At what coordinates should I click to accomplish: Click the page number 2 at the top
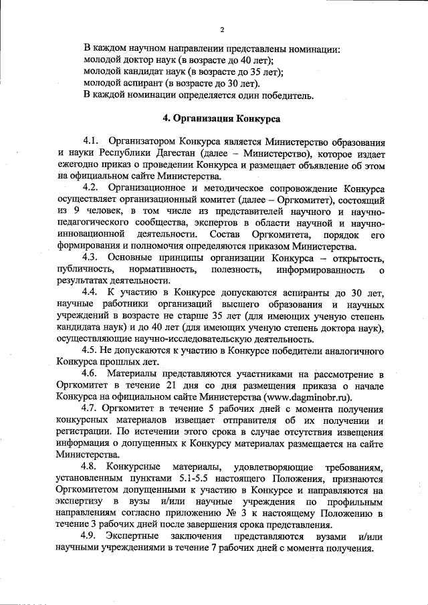point(221,29)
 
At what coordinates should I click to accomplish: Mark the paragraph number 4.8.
point(91,466)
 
